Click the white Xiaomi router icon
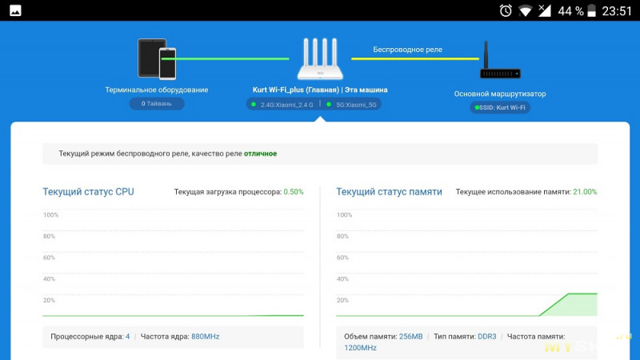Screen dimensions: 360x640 (x=320, y=59)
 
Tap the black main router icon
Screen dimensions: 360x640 (x=500, y=64)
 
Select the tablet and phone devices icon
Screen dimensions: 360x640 (x=157, y=59)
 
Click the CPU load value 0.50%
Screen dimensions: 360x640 (x=293, y=192)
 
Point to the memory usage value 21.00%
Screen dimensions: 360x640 (x=585, y=192)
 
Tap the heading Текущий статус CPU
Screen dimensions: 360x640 (x=88, y=192)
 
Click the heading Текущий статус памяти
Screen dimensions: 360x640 (x=389, y=192)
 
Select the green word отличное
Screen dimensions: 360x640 (x=260, y=153)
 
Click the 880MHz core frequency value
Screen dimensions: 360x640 (x=205, y=337)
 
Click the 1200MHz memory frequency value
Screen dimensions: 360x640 (x=360, y=348)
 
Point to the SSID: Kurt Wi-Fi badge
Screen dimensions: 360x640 (x=501, y=107)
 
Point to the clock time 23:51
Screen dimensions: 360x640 (x=616, y=10)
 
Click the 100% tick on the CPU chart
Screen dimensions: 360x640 (x=50, y=214)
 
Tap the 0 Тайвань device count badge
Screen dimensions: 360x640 (x=157, y=103)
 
